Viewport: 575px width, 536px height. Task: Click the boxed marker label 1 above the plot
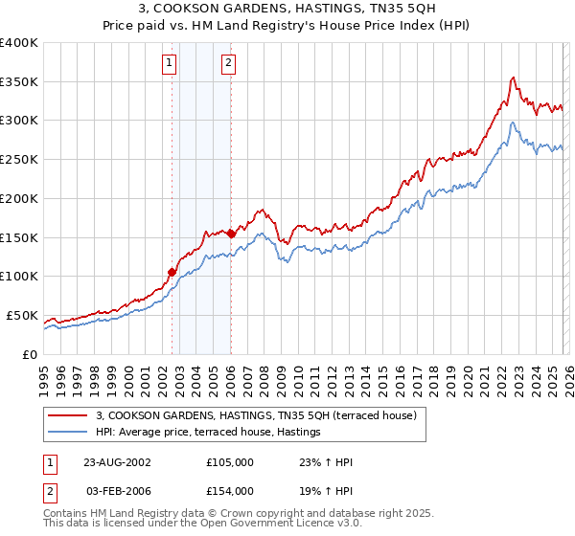pos(170,64)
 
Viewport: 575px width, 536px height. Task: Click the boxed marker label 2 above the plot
pos(229,64)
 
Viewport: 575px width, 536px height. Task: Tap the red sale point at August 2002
pos(172,272)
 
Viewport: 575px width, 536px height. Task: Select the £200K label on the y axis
pos(19,199)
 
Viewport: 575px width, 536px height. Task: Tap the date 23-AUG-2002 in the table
pos(116,462)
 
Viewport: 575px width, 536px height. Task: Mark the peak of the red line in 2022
pos(515,78)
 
